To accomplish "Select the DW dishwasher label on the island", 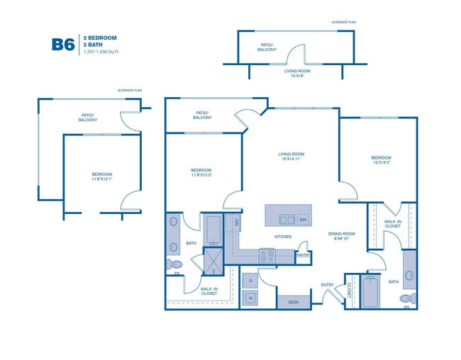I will coord(302,220).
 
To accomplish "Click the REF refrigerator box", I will coord(236,222).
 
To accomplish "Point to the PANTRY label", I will coord(303,254).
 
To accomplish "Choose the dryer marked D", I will coord(251,281).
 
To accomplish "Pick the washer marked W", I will coord(251,298).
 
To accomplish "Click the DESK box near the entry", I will coord(294,303).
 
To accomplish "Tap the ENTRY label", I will coord(327,285).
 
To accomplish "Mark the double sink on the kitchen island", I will coord(287,220).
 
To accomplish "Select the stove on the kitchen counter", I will coord(267,255).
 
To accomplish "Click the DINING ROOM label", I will coord(341,235).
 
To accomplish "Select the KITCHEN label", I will coord(284,237).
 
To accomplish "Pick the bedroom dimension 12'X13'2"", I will coord(381,162).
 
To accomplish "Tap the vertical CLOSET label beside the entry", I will coord(349,290).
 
